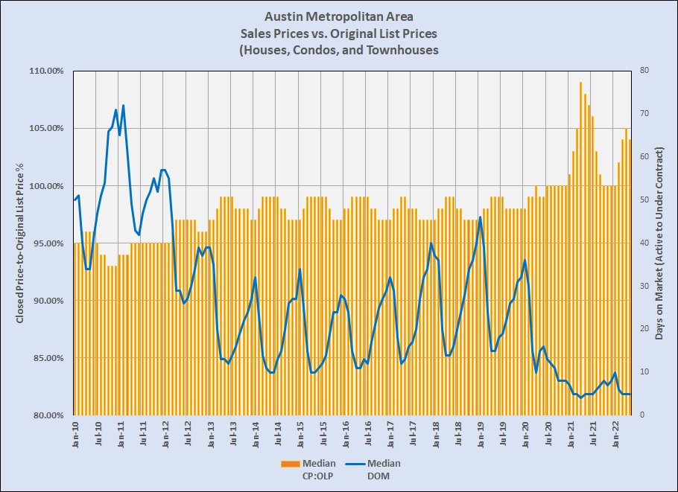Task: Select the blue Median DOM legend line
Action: pos(353,464)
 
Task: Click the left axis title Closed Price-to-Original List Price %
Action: pos(21,243)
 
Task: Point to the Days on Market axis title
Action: pos(659,243)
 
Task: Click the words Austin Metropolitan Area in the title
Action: pos(338,16)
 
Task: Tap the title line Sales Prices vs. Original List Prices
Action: pos(338,33)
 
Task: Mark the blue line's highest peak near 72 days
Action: pos(123,106)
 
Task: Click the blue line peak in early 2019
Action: pos(480,217)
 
